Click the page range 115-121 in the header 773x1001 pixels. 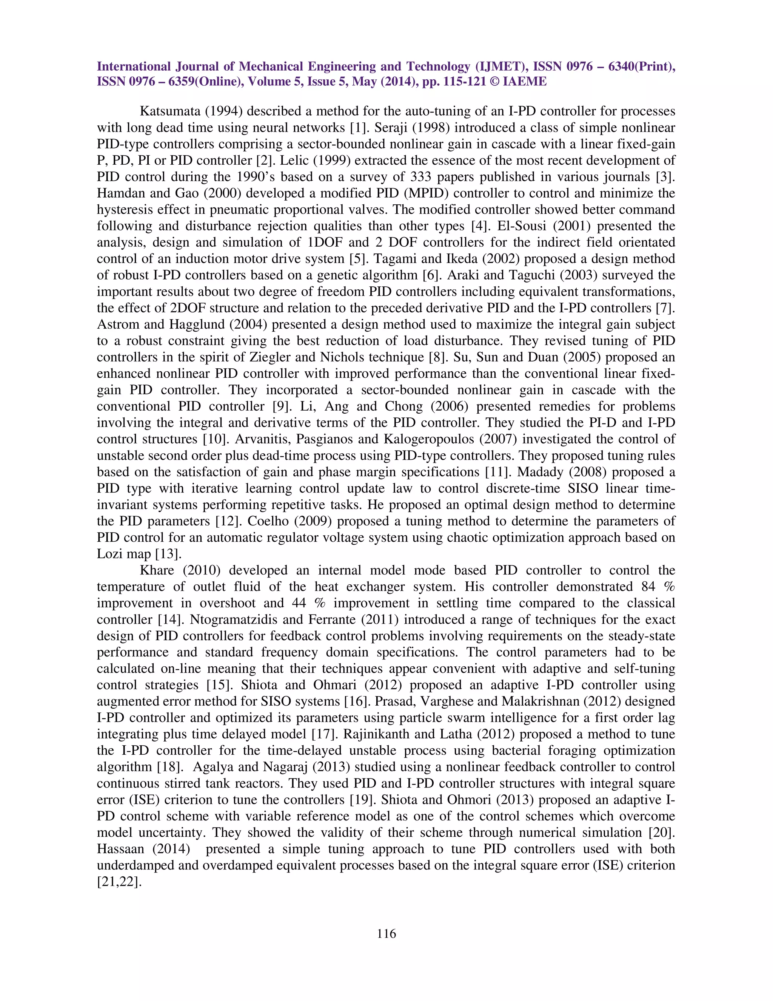(x=459, y=82)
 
